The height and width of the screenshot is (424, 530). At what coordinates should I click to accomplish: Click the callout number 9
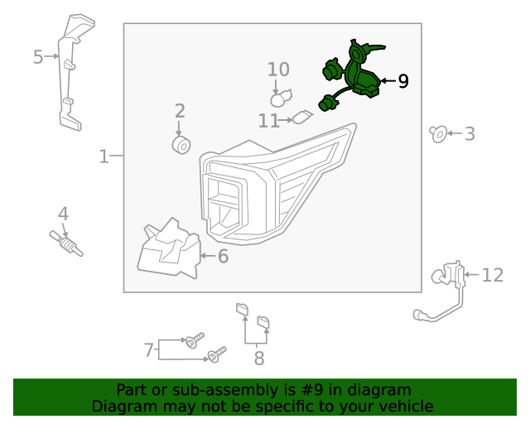(402, 81)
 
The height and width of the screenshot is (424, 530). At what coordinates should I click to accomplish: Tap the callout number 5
(38, 57)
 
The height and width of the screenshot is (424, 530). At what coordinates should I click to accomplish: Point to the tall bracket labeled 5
(70, 75)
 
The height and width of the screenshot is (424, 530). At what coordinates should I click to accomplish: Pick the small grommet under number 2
(180, 146)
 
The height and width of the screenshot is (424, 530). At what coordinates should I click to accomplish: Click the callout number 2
(180, 110)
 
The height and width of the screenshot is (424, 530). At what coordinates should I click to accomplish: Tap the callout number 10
(278, 70)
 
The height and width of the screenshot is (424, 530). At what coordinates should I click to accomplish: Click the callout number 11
(268, 121)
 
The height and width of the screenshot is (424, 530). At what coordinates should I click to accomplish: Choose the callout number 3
(470, 133)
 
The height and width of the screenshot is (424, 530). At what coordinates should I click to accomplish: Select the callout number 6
(222, 257)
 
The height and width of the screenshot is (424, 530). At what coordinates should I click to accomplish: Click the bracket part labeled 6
(170, 248)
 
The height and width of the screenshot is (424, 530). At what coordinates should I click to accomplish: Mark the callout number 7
(149, 350)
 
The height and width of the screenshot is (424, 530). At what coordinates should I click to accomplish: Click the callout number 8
(258, 359)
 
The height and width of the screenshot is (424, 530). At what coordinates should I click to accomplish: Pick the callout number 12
(492, 275)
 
